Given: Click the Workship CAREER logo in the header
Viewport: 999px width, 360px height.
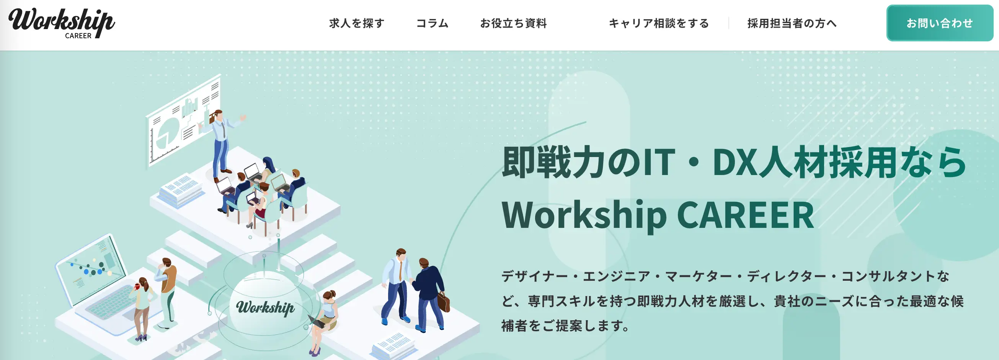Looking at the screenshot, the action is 62,23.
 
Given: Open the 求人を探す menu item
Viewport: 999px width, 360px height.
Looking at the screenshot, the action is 357,23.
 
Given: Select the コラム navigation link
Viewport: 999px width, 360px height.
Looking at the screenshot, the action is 433,23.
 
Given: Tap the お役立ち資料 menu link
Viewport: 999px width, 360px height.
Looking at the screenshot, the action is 513,23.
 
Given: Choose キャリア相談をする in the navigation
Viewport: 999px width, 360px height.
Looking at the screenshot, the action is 659,23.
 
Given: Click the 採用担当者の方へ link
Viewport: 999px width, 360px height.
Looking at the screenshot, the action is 792,23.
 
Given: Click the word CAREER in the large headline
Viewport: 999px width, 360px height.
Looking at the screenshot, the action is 745,215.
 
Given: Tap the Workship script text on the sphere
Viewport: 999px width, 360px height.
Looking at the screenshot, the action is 266,307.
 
